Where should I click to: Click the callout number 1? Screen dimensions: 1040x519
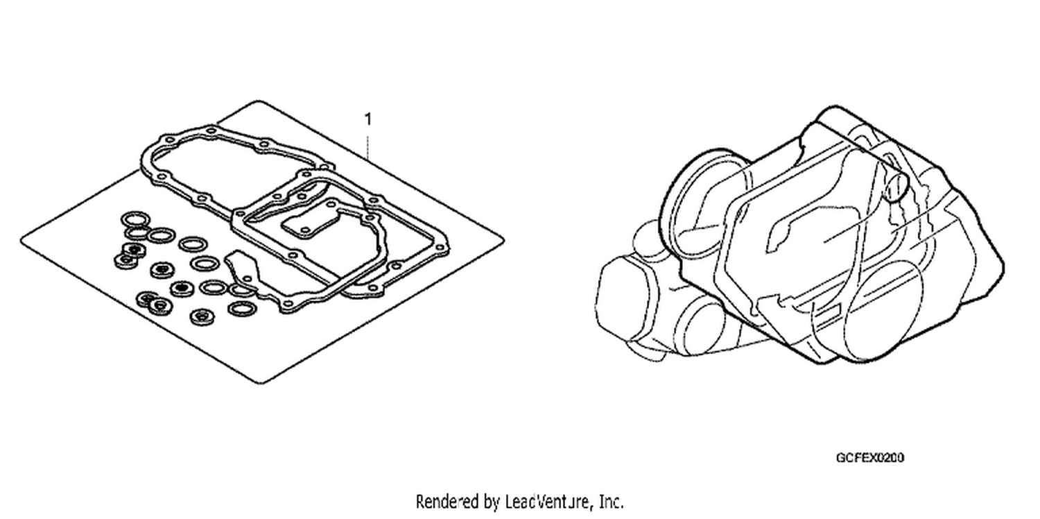[x=368, y=119]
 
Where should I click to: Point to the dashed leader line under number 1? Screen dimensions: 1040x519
[x=368, y=146]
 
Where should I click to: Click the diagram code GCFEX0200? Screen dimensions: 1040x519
[x=870, y=458]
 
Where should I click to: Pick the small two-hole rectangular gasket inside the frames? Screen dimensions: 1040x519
[x=304, y=228]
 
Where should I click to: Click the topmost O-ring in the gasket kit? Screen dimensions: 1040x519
[x=135, y=218]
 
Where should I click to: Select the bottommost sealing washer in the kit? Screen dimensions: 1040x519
[x=202, y=317]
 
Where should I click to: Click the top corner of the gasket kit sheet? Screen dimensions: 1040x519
[x=258, y=101]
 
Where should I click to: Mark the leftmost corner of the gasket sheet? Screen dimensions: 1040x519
[x=21, y=240]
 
